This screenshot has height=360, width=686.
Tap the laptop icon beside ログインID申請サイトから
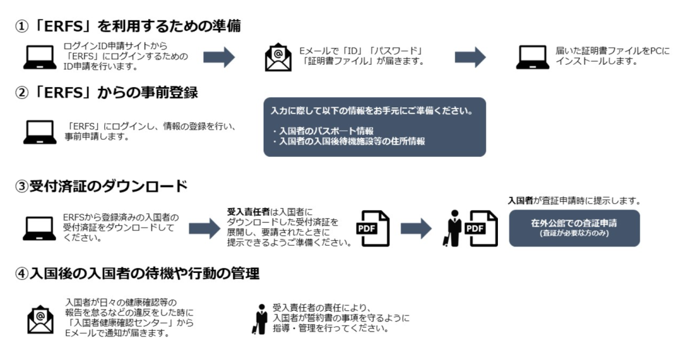pyautogui.click(x=39, y=57)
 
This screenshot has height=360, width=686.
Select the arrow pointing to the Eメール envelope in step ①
pyautogui.click(x=219, y=57)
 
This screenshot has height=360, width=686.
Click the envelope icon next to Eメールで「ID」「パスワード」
pyautogui.click(x=278, y=57)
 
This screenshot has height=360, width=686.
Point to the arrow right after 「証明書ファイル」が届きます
pyautogui.click(x=470, y=57)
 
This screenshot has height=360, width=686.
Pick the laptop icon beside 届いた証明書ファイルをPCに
pyautogui.click(x=532, y=57)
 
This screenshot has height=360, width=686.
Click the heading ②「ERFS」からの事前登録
pyautogui.click(x=107, y=93)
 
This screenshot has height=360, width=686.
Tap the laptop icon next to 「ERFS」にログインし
pyautogui.click(x=39, y=131)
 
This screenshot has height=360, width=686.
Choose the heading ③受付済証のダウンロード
pyautogui.click(x=102, y=187)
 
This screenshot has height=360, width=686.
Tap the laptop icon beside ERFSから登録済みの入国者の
pyautogui.click(x=39, y=228)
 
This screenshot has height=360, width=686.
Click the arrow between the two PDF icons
pyautogui.click(x=416, y=228)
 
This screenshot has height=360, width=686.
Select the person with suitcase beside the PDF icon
pyautogui.click(x=453, y=228)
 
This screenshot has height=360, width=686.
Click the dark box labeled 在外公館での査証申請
pyautogui.click(x=574, y=228)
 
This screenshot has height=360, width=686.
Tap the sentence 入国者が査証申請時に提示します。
pyautogui.click(x=574, y=201)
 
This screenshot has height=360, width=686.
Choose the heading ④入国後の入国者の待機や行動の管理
pyautogui.click(x=137, y=274)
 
